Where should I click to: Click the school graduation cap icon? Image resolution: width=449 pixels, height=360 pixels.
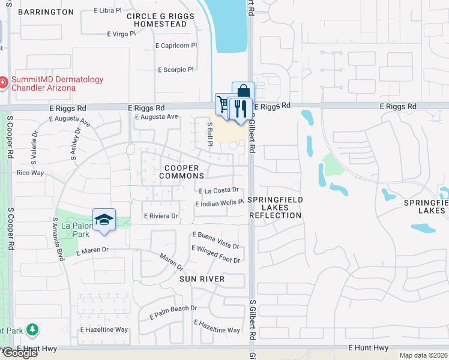[104, 220]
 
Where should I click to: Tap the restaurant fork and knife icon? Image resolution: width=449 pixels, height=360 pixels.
[240, 108]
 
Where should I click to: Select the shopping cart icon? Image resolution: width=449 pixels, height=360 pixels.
[223, 104]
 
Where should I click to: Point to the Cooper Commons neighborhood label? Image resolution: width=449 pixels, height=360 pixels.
[182, 172]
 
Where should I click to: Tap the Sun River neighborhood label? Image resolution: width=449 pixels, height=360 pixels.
[202, 279]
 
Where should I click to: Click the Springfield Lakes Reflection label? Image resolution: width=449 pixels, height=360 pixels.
[276, 207]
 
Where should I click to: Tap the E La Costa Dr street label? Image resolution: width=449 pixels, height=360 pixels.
[219, 190]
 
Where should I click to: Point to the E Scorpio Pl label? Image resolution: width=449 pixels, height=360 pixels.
[175, 70]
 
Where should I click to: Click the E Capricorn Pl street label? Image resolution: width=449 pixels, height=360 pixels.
[176, 46]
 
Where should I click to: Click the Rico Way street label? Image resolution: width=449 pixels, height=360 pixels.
[31, 173]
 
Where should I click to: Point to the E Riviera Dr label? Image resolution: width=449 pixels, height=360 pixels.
[160, 216]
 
